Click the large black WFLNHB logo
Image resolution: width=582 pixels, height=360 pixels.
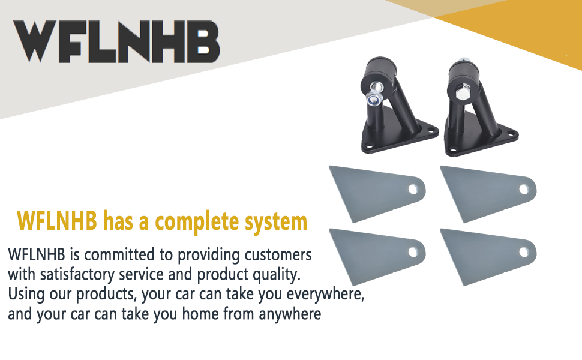(x=116, y=41)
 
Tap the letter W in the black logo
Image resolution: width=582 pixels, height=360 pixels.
(x=37, y=41)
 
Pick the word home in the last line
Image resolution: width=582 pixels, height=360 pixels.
(x=200, y=314)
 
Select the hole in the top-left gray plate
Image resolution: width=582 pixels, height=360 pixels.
(x=413, y=189)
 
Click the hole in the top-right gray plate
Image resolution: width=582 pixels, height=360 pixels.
(x=524, y=189)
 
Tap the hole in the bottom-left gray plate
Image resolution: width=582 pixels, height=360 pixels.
(x=413, y=253)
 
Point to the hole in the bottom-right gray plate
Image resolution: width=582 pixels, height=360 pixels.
(x=524, y=253)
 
